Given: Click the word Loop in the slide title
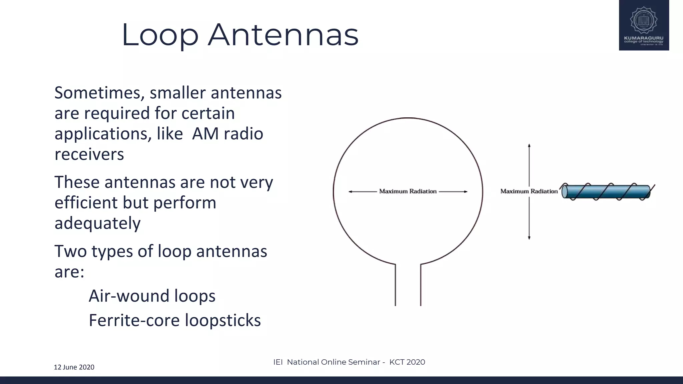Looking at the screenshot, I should click(160, 35).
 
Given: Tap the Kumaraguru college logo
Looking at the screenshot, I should click(644, 25).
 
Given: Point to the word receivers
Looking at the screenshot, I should click(89, 154).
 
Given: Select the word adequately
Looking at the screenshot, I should click(97, 223).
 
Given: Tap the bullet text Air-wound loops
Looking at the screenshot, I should click(152, 296).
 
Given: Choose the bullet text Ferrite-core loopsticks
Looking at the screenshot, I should click(175, 320).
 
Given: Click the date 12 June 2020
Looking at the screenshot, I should click(74, 367).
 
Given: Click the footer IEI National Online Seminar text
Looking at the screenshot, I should click(349, 362).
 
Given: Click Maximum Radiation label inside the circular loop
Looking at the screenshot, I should click(408, 191).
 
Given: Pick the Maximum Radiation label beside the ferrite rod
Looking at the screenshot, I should click(529, 191).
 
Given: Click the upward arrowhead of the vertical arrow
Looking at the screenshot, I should click(529, 146).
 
